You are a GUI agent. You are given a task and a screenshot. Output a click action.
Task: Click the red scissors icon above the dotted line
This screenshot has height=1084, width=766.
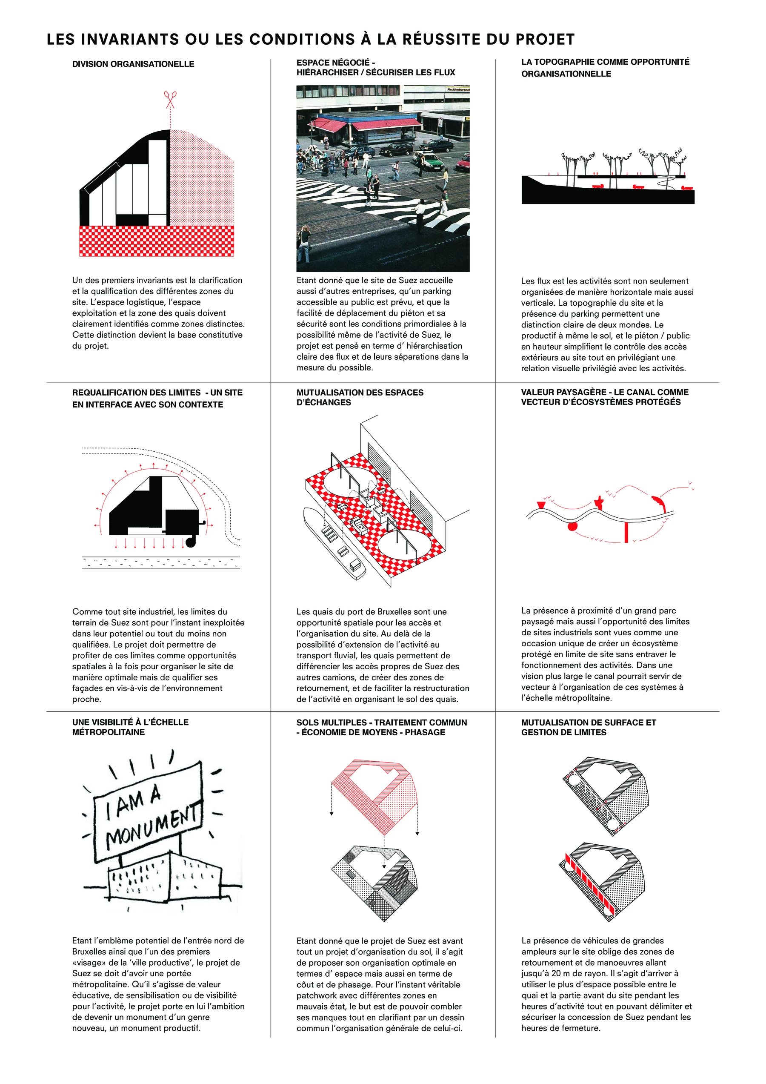(x=170, y=100)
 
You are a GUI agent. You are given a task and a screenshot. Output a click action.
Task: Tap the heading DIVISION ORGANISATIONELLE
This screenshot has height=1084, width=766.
(x=133, y=64)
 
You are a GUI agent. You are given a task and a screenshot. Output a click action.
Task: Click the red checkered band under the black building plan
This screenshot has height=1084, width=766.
(x=156, y=241)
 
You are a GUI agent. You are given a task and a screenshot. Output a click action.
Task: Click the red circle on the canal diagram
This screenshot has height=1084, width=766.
(x=572, y=525)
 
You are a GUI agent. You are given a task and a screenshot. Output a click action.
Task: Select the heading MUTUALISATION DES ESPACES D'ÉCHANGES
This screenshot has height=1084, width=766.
(x=360, y=397)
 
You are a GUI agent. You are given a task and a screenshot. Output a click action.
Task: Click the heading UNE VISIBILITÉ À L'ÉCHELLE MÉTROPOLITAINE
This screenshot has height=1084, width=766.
(x=130, y=727)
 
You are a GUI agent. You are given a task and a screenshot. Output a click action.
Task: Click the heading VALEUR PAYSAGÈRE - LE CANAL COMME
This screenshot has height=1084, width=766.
(x=605, y=392)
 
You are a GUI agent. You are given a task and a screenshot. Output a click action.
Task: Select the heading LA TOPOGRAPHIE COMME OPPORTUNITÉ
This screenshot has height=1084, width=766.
(x=605, y=62)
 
